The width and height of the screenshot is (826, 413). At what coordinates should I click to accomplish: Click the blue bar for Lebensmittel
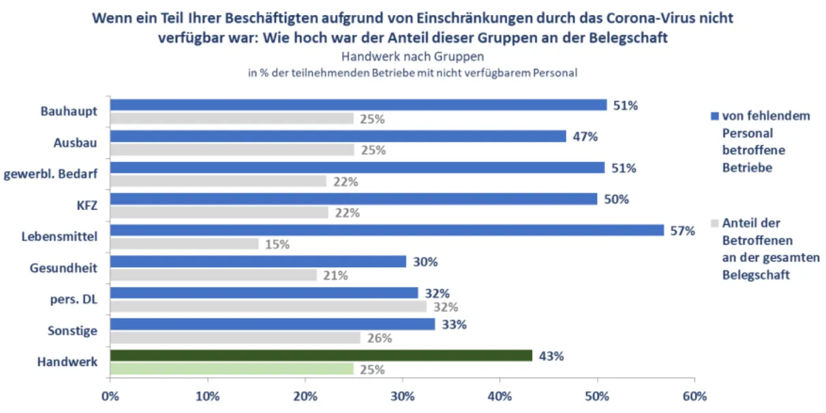pyautogui.click(x=386, y=230)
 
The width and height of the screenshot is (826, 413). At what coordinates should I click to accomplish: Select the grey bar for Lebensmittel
pyautogui.click(x=184, y=244)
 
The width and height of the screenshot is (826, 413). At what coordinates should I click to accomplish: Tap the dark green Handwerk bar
pyautogui.click(x=321, y=356)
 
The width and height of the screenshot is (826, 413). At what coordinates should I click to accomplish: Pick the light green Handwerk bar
pyautogui.click(x=232, y=369)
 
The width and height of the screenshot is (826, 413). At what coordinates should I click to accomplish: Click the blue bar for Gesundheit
pyautogui.click(x=258, y=262)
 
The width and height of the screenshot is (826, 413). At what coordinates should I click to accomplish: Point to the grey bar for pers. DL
pyautogui.click(x=268, y=307)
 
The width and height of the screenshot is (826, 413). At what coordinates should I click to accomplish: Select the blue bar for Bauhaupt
pyautogui.click(x=358, y=105)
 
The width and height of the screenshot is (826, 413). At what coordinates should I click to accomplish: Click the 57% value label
pyautogui.click(x=682, y=231)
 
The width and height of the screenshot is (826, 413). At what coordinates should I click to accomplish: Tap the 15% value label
pyautogui.click(x=277, y=245)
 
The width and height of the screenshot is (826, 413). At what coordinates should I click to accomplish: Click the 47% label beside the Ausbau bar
pyautogui.click(x=584, y=136)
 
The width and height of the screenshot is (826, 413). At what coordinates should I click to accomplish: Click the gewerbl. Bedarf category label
pyautogui.click(x=51, y=174)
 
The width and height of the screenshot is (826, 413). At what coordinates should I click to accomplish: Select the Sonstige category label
pyautogui.click(x=72, y=331)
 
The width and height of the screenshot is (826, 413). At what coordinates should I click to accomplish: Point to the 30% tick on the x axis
pyautogui.click(x=403, y=397)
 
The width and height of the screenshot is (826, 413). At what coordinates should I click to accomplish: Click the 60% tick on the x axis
pyautogui.click(x=694, y=397)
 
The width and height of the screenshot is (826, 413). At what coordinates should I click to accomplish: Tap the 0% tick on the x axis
pyautogui.click(x=110, y=397)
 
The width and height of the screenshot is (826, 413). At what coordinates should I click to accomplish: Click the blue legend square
pyautogui.click(x=714, y=117)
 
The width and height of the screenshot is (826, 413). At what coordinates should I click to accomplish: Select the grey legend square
pyautogui.click(x=714, y=223)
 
